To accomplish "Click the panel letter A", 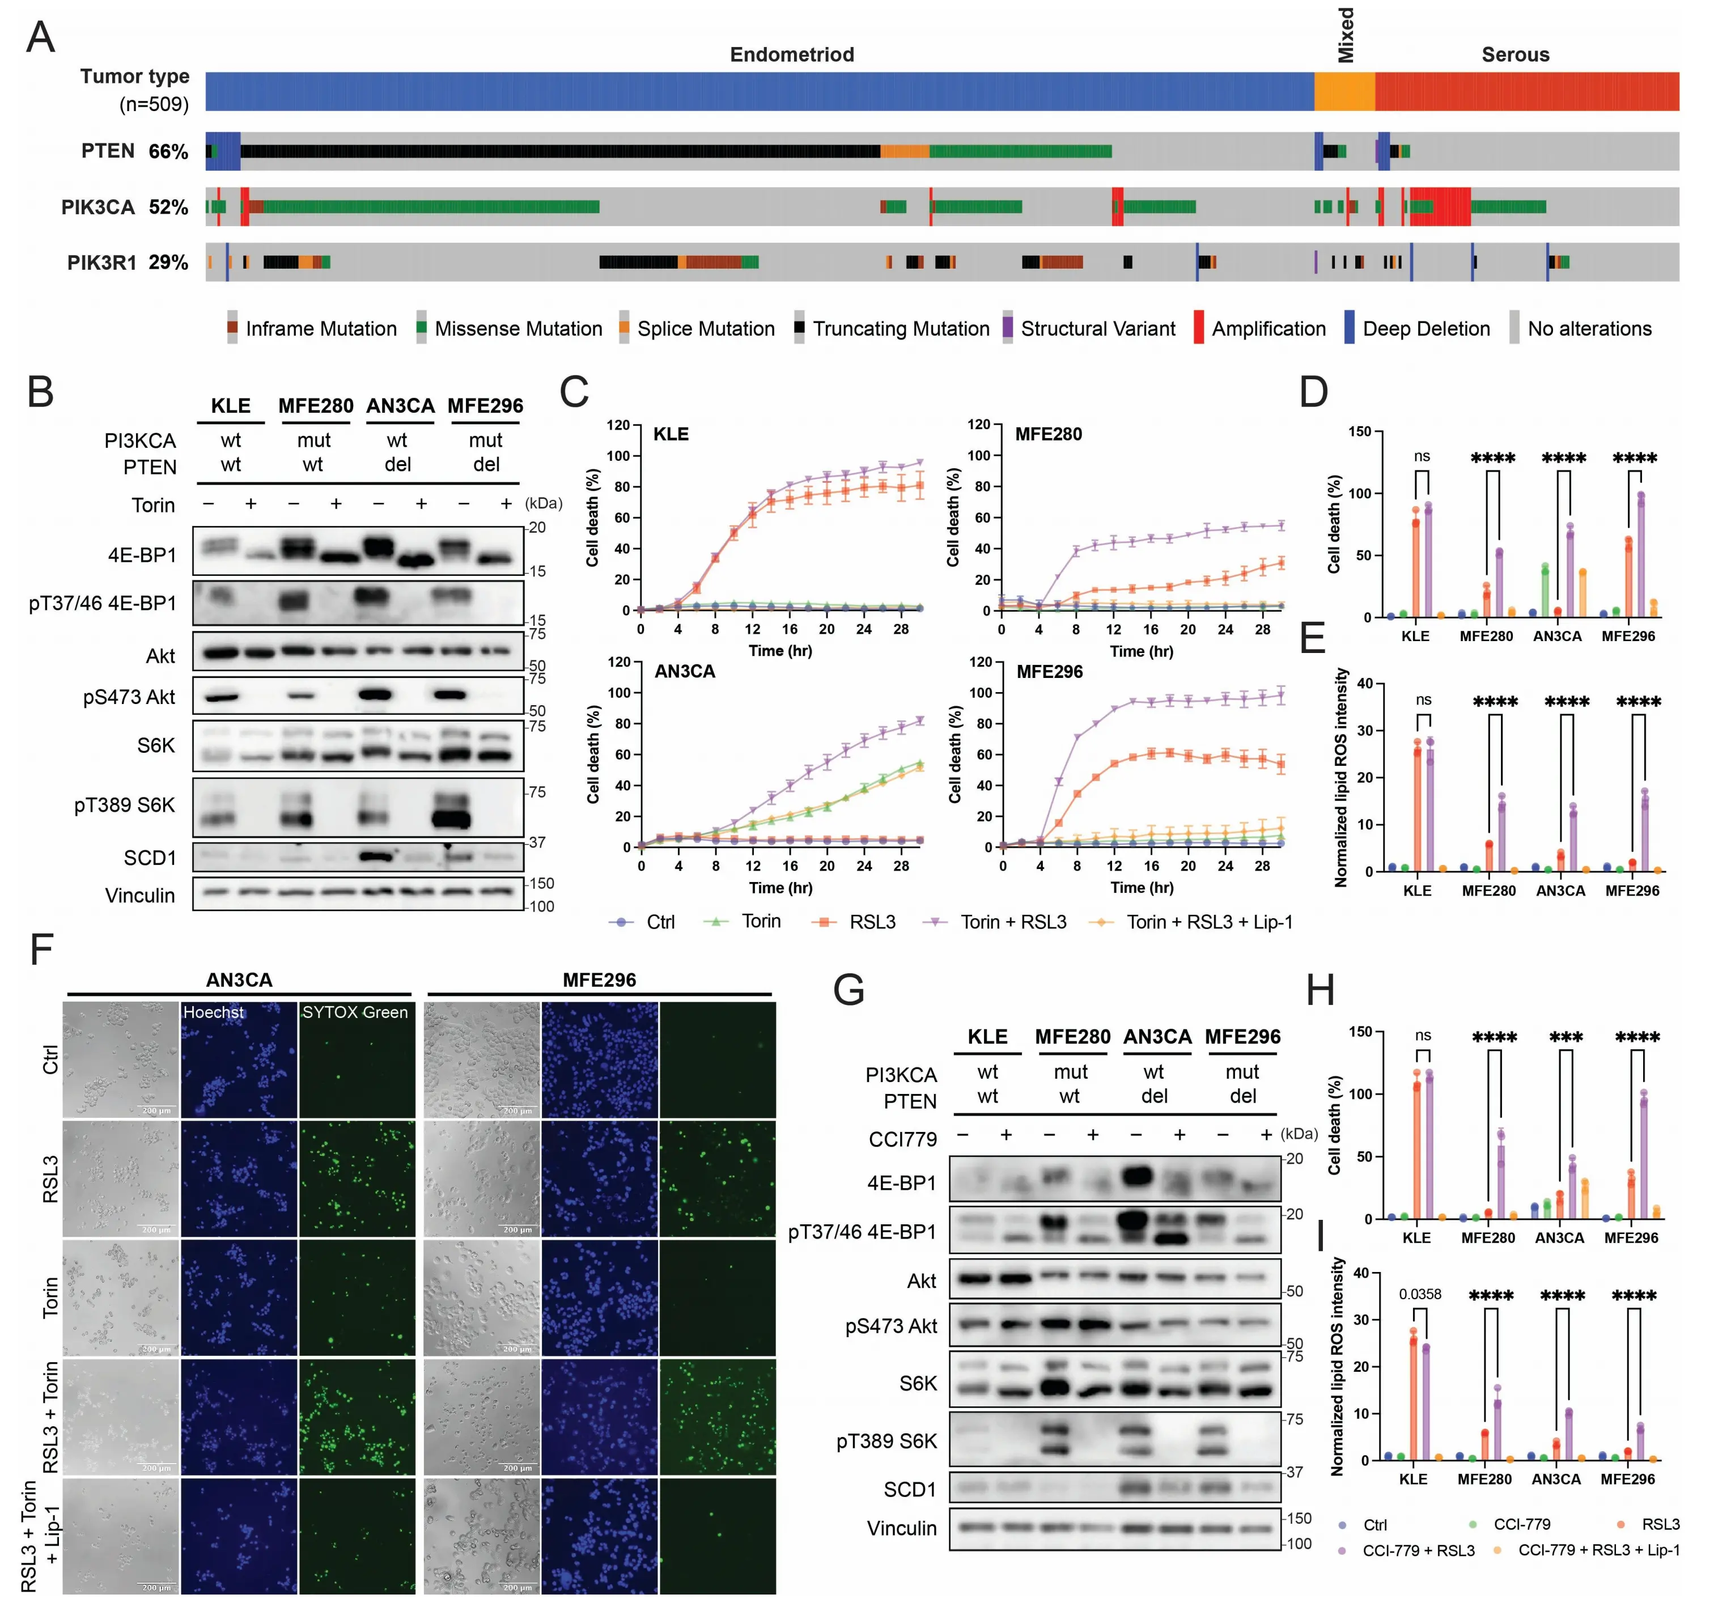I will pos(40,38).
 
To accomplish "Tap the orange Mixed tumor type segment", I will pos(1343,91).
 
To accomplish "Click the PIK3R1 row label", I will pos(101,262).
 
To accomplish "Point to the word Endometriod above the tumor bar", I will pos(791,54).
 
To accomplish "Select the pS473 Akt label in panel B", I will pos(129,697).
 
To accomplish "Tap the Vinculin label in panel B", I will pos(139,896).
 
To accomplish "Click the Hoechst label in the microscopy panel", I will pos(213,1012).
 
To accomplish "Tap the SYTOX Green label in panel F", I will pos(354,1012).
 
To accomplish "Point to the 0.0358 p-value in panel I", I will pos(1419,1294).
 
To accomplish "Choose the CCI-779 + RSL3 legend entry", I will pos(1418,1550).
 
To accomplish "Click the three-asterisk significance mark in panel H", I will pos(1565,1038).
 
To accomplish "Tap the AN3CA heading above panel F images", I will pos(239,980).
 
